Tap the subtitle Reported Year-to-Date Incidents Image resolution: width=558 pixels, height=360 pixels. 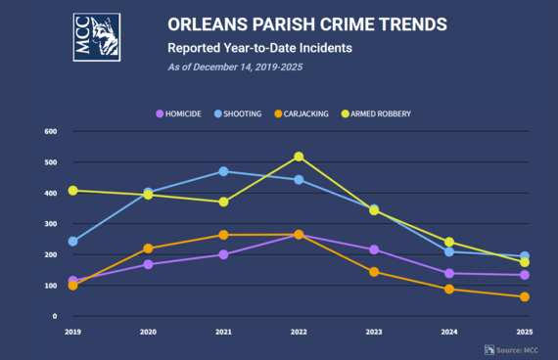(x=260, y=47)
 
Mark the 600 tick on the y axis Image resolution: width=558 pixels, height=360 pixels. (x=51, y=131)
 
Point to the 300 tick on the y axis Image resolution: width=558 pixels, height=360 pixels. (x=51, y=224)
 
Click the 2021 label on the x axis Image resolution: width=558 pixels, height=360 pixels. (x=223, y=333)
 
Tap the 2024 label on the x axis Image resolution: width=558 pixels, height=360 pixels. (x=449, y=333)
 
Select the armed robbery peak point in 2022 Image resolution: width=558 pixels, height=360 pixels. (x=299, y=157)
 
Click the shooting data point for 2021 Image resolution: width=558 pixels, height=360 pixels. (x=223, y=171)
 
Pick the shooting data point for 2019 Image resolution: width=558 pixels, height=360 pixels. (x=73, y=241)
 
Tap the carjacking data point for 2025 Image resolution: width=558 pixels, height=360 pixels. (x=524, y=296)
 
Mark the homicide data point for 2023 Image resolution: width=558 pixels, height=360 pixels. (x=374, y=249)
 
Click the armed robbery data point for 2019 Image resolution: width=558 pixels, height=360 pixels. (x=73, y=191)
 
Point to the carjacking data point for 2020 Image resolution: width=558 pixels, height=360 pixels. (x=148, y=248)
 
